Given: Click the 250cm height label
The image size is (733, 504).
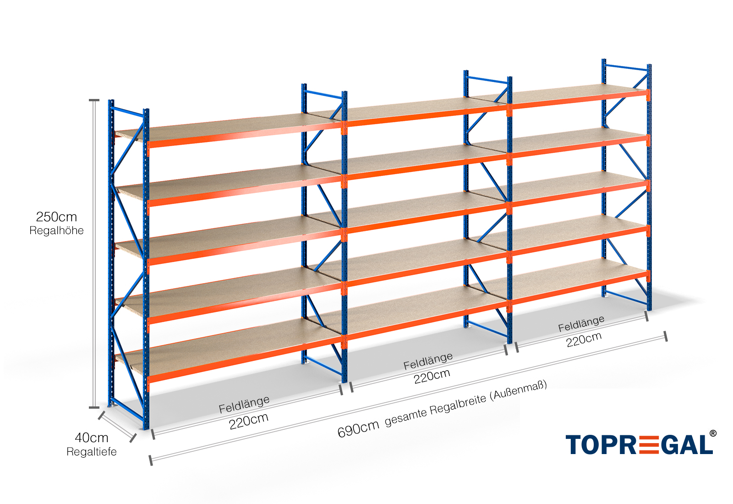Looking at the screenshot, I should pyautogui.click(x=56, y=217).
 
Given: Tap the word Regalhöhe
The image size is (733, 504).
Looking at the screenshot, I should pyautogui.click(x=56, y=230).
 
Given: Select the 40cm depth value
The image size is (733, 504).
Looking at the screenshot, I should pyautogui.click(x=92, y=438).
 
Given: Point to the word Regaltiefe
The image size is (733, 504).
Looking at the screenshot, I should pyautogui.click(x=92, y=452).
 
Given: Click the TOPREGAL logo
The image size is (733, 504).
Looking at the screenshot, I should pyautogui.click(x=639, y=444).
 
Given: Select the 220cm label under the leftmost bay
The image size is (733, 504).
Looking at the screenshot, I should pyautogui.click(x=249, y=421).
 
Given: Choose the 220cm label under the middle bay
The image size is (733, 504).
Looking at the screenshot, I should pyautogui.click(x=432, y=376).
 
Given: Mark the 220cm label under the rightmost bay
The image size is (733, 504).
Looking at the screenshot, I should pyautogui.click(x=584, y=340).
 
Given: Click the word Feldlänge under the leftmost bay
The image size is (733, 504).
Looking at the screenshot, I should pyautogui.click(x=244, y=404).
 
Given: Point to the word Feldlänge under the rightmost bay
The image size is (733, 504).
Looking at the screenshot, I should pyautogui.click(x=581, y=323).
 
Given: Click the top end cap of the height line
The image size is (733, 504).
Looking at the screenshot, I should pyautogui.click(x=94, y=100).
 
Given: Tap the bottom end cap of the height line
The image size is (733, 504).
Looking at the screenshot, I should pyautogui.click(x=94, y=407).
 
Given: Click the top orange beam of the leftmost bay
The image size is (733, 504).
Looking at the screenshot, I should pyautogui.click(x=245, y=136).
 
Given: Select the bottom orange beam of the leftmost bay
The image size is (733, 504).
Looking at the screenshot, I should pyautogui.click(x=245, y=362).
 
